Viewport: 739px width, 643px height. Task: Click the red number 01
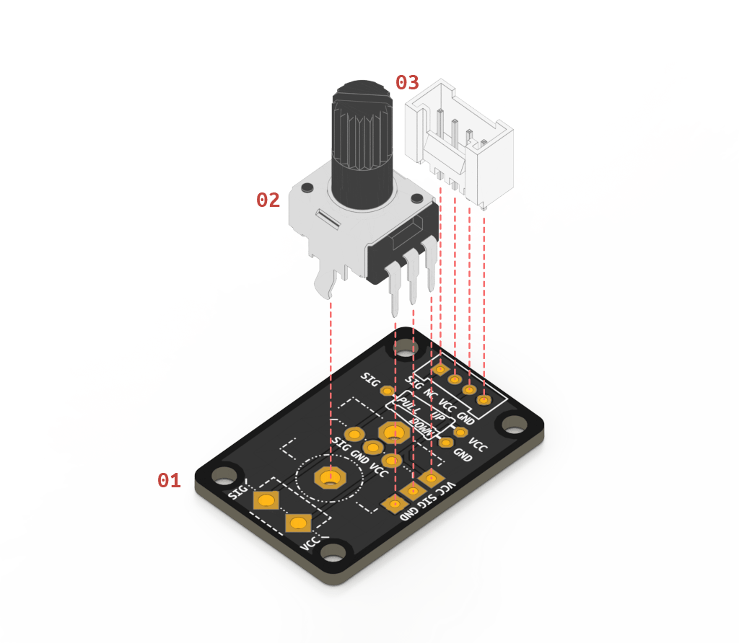[x=169, y=481]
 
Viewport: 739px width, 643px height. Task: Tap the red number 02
[x=268, y=200]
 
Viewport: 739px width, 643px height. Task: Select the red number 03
[x=406, y=82]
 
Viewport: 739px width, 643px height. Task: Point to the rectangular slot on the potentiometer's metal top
[x=327, y=218]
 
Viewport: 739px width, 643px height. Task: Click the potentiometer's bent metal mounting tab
[x=327, y=283]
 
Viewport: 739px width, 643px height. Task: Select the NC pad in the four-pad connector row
[x=455, y=379]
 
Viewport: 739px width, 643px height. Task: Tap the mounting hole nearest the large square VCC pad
[x=333, y=553]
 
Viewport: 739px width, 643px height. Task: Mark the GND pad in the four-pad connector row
[x=484, y=399]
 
